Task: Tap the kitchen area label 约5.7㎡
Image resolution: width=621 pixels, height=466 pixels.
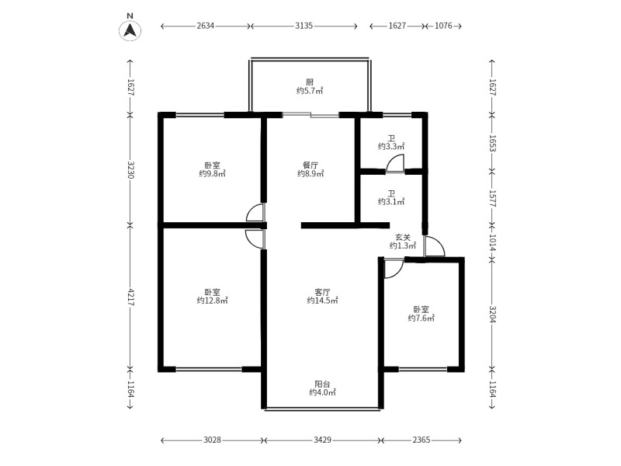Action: coord(309,91)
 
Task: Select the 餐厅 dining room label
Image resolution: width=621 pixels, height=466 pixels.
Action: coord(310,165)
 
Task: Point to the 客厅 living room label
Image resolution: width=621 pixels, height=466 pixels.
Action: coord(321,291)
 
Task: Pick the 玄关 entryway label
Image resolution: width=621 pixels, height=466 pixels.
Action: coord(402,237)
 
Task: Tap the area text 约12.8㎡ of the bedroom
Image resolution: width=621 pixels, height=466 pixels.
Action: coord(212,300)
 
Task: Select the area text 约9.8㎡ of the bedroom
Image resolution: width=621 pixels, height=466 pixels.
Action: coord(212,174)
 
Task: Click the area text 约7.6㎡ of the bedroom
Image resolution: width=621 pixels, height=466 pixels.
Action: coord(422,318)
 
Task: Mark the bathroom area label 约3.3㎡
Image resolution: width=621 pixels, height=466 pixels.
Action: coord(391,146)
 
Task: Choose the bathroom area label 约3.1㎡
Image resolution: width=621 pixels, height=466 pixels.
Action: coord(391,202)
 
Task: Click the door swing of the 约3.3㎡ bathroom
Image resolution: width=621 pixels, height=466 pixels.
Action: coord(395,163)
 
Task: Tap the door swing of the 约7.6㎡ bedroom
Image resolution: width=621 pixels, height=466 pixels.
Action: coord(392,267)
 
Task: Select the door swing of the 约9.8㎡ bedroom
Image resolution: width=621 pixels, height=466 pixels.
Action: coord(255,213)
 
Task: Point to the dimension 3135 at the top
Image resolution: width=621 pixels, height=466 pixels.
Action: coord(304,26)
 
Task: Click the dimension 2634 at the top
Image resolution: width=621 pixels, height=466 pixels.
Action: coord(206,26)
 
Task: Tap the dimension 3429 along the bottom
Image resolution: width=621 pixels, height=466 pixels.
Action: coord(323,440)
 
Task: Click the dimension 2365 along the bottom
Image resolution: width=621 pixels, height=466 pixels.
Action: coord(421,440)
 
